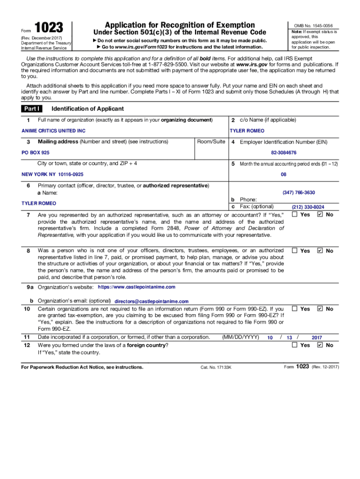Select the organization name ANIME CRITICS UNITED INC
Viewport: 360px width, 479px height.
tap(54, 131)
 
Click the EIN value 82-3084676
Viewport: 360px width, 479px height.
tap(283, 153)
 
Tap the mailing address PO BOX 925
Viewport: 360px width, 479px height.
tap(36, 153)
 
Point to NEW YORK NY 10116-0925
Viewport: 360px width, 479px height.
tap(52, 174)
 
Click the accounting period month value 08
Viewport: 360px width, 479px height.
tap(283, 174)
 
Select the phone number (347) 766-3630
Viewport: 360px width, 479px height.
tap(298, 193)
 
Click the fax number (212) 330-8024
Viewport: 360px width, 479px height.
tap(308, 207)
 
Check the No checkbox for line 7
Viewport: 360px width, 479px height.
tap(319, 215)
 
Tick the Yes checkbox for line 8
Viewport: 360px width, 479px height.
tap(295, 251)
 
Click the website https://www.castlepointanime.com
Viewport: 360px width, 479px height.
tap(137, 287)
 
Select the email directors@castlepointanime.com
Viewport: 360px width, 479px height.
tap(151, 302)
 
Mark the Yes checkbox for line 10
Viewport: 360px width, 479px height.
tap(295, 309)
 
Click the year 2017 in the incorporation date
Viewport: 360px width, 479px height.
tap(317, 337)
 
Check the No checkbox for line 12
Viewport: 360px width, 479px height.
tap(319, 345)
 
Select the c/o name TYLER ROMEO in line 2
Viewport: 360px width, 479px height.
tap(246, 131)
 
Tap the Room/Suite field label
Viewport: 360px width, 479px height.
tap(211, 142)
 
